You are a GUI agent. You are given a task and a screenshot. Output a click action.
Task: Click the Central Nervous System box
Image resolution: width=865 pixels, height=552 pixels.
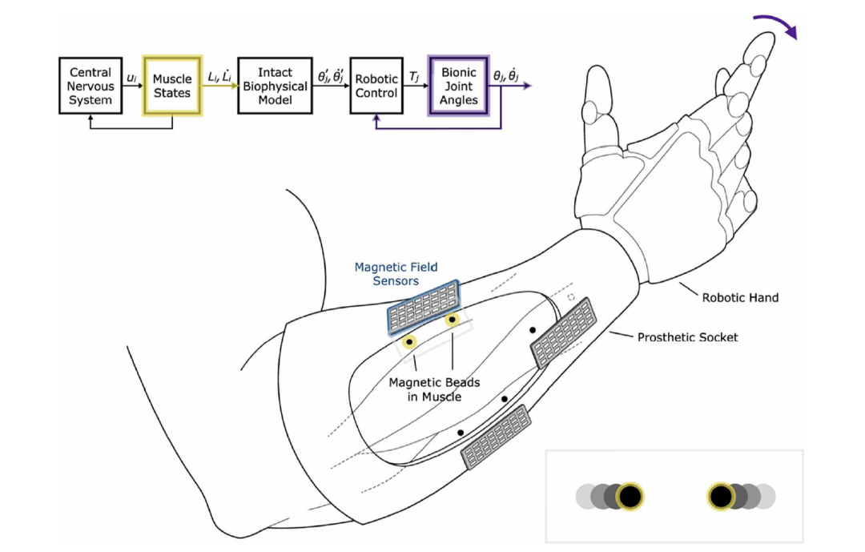tap(90, 87)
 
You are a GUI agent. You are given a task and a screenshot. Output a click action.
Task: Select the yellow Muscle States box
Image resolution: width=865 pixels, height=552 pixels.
tap(172, 87)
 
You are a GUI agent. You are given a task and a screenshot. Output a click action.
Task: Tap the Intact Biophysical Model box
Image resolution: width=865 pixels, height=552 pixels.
tap(275, 87)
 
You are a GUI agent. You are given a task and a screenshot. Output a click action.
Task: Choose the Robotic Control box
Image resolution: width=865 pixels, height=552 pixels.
tap(376, 87)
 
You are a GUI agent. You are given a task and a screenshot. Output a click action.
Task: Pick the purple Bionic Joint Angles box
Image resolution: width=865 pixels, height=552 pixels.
tap(459, 87)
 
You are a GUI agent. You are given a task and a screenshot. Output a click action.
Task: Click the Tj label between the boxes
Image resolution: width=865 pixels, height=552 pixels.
tap(415, 76)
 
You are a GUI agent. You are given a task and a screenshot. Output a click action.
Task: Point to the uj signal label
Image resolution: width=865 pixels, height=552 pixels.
tap(132, 77)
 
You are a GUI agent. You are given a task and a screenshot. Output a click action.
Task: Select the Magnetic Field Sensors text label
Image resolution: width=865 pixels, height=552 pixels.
tap(396, 274)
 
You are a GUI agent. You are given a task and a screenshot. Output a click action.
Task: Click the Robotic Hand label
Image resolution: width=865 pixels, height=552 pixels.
tap(740, 298)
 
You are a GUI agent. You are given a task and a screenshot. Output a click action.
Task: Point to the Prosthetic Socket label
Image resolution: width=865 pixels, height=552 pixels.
tap(687, 337)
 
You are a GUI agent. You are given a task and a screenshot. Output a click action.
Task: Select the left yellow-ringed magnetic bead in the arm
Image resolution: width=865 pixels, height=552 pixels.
tap(410, 343)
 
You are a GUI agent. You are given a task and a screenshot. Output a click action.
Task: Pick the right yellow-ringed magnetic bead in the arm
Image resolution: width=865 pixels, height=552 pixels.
tap(453, 321)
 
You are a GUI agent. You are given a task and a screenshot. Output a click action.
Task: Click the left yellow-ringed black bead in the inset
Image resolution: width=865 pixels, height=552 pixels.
tap(630, 497)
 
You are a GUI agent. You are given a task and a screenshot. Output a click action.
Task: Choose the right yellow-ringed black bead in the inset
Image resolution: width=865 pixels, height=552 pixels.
tap(721, 497)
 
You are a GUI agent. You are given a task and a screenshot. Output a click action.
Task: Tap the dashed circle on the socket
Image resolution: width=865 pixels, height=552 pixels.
tap(570, 296)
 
